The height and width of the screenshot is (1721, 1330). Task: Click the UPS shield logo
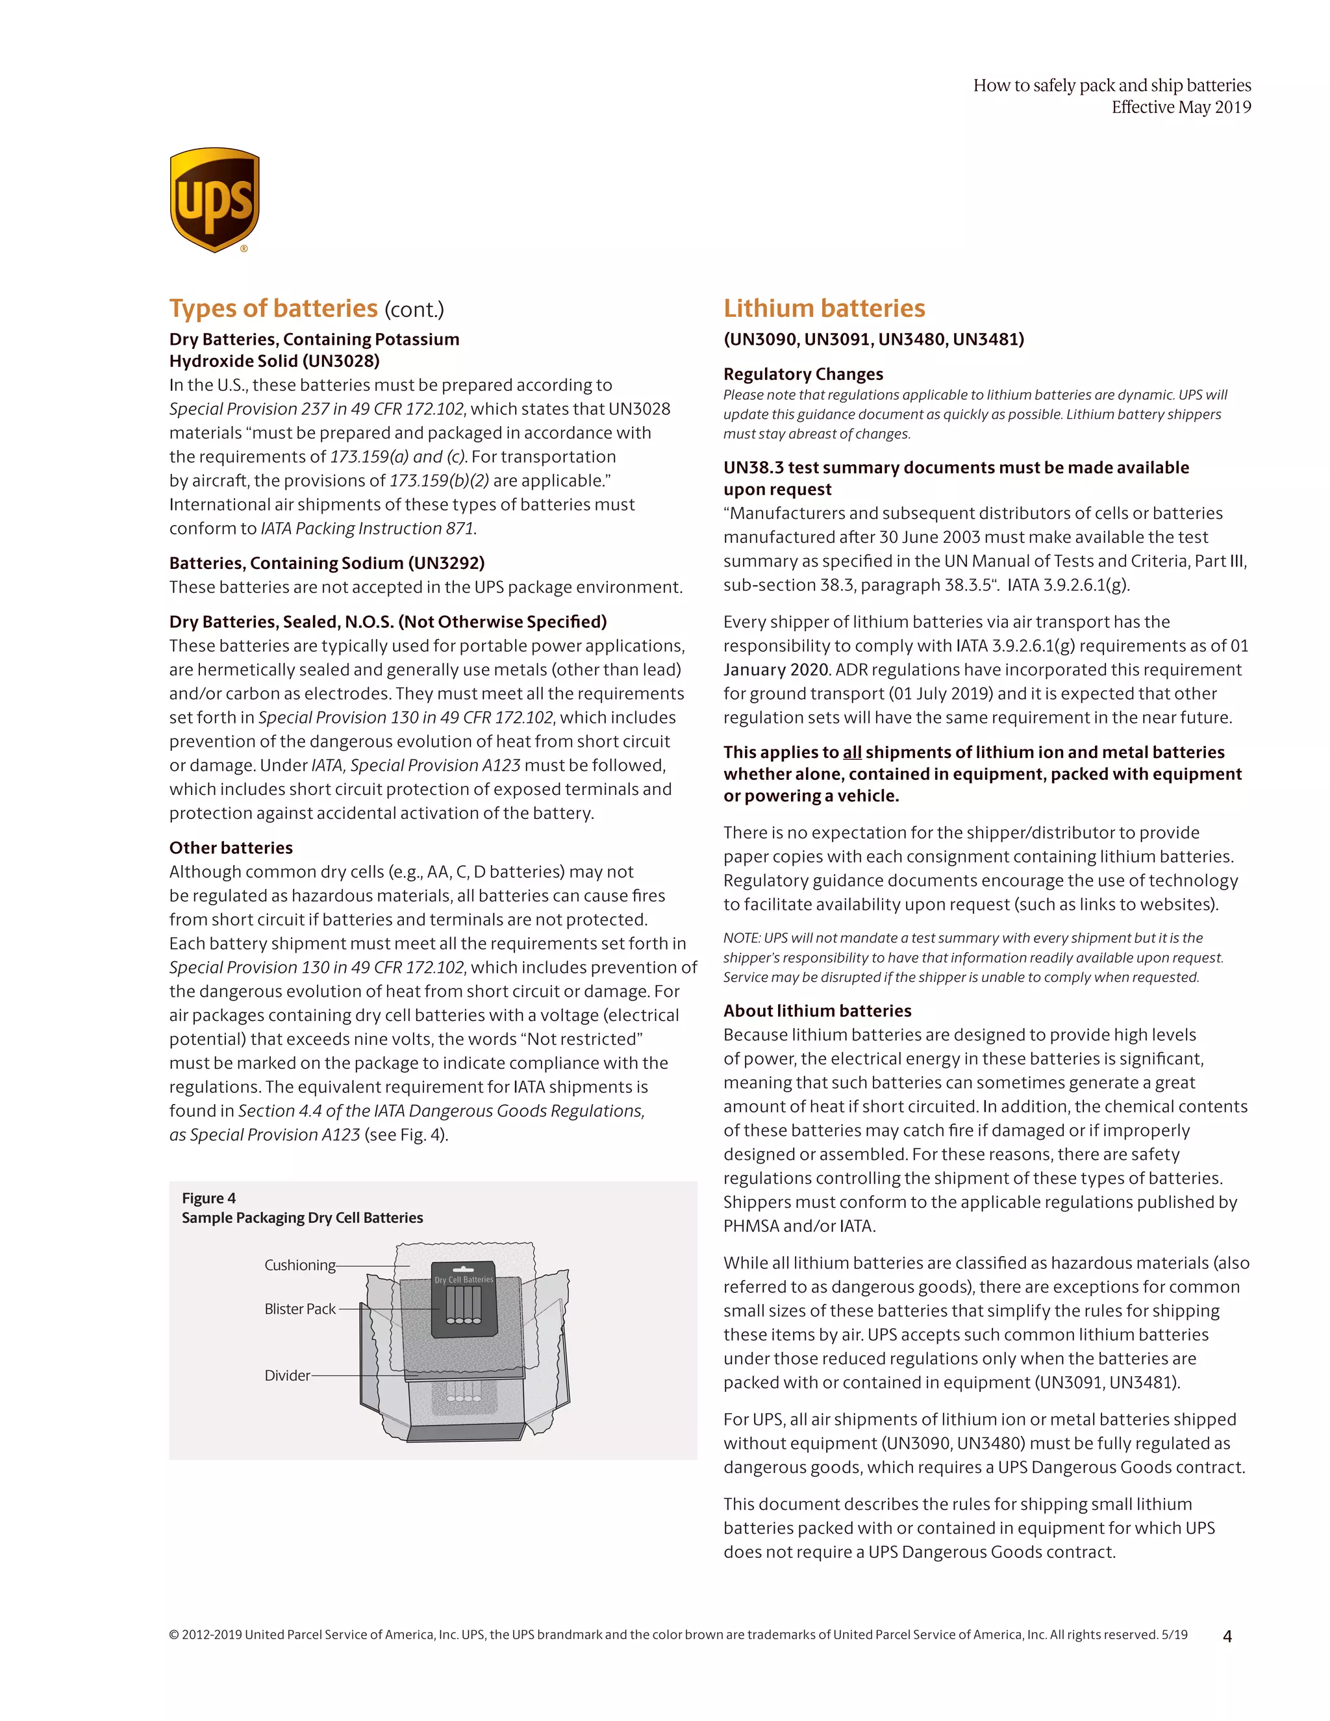point(214,200)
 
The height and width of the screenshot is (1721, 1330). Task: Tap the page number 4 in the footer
point(1227,1636)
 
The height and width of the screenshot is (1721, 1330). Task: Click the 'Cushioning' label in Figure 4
point(299,1264)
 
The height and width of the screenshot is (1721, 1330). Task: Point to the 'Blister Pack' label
point(299,1309)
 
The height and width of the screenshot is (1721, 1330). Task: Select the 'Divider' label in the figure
point(287,1375)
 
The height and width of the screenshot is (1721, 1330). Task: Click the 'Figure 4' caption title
point(209,1198)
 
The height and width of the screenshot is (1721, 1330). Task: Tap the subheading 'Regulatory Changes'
point(803,374)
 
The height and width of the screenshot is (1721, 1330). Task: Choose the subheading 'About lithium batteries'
point(817,1011)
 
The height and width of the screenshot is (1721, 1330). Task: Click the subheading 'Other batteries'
point(231,848)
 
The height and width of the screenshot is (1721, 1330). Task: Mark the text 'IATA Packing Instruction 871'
point(367,529)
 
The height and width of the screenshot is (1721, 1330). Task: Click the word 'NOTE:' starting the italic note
point(742,938)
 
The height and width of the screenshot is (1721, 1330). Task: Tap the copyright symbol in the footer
point(173,1635)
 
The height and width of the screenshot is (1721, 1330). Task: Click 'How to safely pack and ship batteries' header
point(1112,85)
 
